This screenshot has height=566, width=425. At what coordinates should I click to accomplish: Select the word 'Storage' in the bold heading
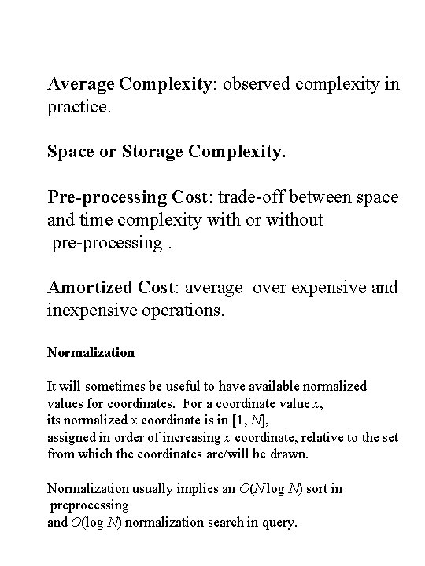coord(141,149)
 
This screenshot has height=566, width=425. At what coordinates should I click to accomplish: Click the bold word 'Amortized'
coord(91,288)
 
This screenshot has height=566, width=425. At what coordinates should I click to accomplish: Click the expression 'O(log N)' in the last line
coord(97,522)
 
